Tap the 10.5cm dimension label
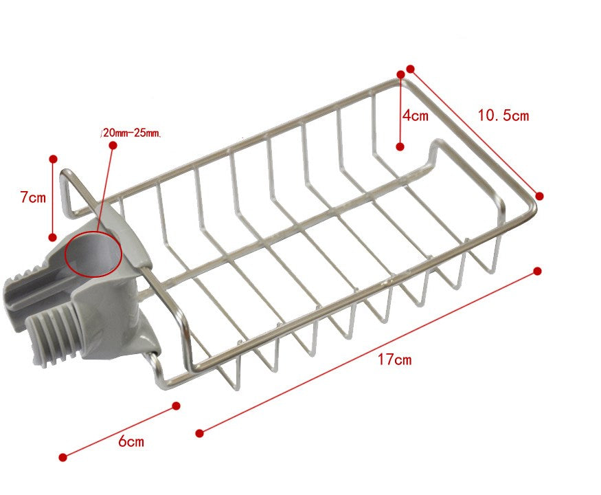pyautogui.click(x=503, y=115)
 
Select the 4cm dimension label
pyautogui.click(x=416, y=115)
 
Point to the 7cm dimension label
pyautogui.click(x=32, y=197)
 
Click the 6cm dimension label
pyautogui.click(x=131, y=441)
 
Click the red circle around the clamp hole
pyautogui.click(x=93, y=254)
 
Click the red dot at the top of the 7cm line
pyautogui.click(x=53, y=159)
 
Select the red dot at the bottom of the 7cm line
pyautogui.click(x=52, y=237)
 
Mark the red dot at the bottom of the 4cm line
pyautogui.click(x=400, y=146)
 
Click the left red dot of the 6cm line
pyautogui.click(x=63, y=456)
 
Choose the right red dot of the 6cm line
pyautogui.click(x=176, y=406)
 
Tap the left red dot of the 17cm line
pyautogui.click(x=200, y=432)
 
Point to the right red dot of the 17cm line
pyautogui.click(x=537, y=272)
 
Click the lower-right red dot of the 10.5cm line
pyautogui.click(x=540, y=196)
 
